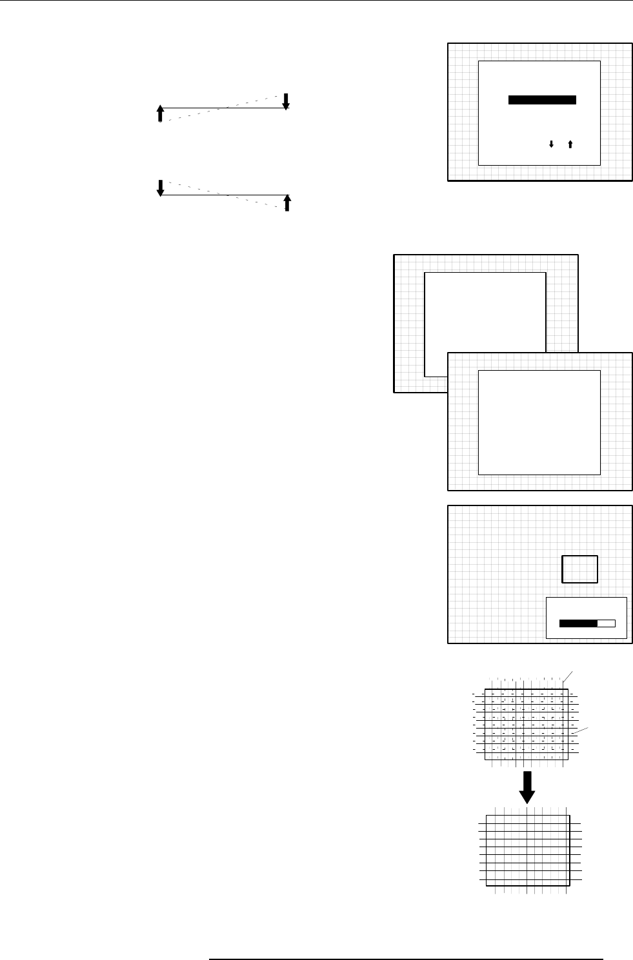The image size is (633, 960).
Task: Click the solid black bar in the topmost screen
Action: [542, 100]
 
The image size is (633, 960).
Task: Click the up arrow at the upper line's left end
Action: [161, 113]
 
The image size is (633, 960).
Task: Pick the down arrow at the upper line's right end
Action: [286, 101]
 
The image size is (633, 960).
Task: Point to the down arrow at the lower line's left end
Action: [161, 188]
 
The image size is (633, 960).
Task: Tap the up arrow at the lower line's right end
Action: [288, 202]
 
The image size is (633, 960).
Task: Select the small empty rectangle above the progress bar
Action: [579, 569]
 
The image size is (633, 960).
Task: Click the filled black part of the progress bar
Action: [578, 623]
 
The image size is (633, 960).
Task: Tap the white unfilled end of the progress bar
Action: [607, 623]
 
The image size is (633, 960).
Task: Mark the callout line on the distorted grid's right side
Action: [581, 730]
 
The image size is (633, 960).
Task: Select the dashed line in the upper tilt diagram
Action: [223, 108]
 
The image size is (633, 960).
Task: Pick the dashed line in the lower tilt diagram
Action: [223, 195]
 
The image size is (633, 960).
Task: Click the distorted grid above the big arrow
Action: [526, 724]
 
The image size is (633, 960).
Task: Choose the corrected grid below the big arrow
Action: [527, 850]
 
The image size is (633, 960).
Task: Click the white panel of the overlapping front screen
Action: [539, 422]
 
